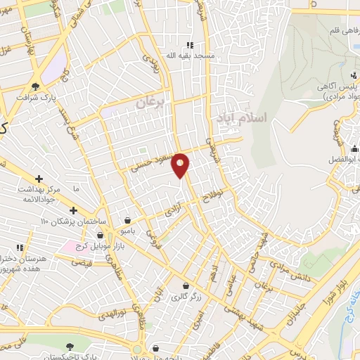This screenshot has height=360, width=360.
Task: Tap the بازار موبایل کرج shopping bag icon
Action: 101,233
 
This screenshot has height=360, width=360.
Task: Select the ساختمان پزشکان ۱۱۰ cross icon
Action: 73,210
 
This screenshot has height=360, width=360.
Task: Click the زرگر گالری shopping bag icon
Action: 185,286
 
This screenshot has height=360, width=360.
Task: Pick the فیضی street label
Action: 83,262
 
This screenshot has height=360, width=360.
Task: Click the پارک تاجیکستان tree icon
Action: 69,346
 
